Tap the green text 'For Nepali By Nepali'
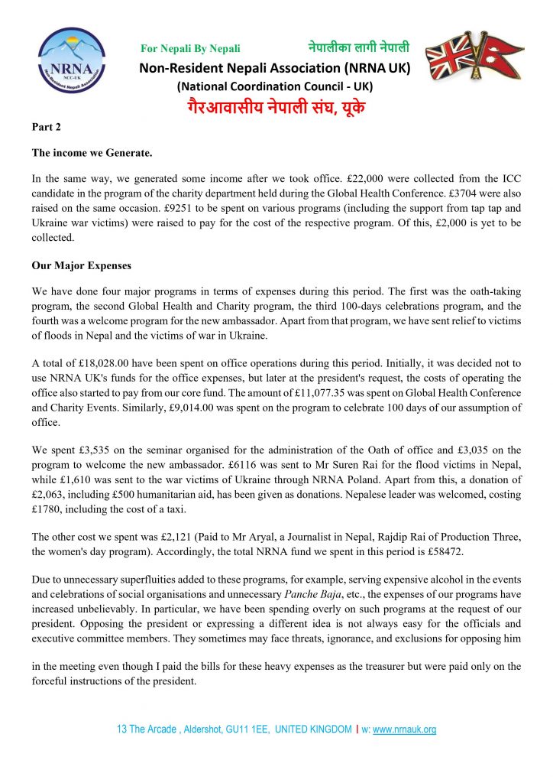(190, 49)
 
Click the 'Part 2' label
(45, 126)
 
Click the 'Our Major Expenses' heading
(82, 266)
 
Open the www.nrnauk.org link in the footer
(404, 729)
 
